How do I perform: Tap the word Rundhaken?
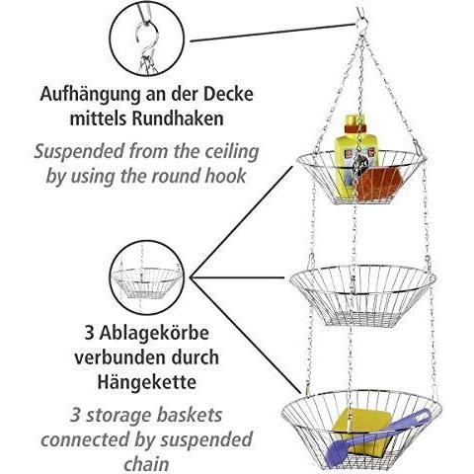(178, 118)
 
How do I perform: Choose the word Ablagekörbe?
(154, 333)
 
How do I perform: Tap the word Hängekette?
(147, 382)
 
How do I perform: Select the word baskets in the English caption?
(189, 415)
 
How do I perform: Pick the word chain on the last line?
(146, 464)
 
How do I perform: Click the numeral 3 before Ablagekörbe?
(89, 333)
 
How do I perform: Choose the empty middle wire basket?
(362, 296)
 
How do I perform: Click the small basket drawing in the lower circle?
(147, 283)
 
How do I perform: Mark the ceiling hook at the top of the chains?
(362, 22)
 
